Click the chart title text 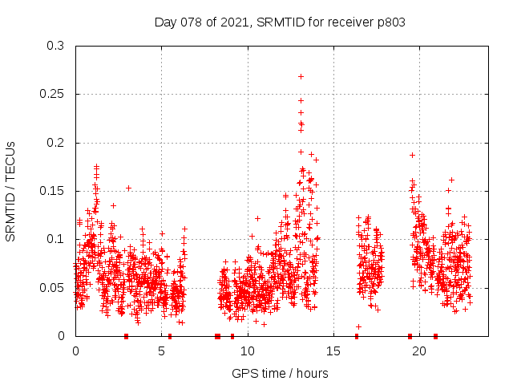coord(280,22)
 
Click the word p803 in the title coord(390,22)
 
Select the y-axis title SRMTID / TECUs coord(10,191)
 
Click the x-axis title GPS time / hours coord(280,373)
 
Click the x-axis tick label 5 coord(162,351)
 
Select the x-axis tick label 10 coord(248,351)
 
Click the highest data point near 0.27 coord(301,76)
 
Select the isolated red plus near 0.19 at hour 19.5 coord(412,155)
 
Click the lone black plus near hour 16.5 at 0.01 coord(358,326)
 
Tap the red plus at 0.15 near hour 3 coord(128,188)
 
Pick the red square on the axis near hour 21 coord(435,336)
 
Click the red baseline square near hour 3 coord(126,336)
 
